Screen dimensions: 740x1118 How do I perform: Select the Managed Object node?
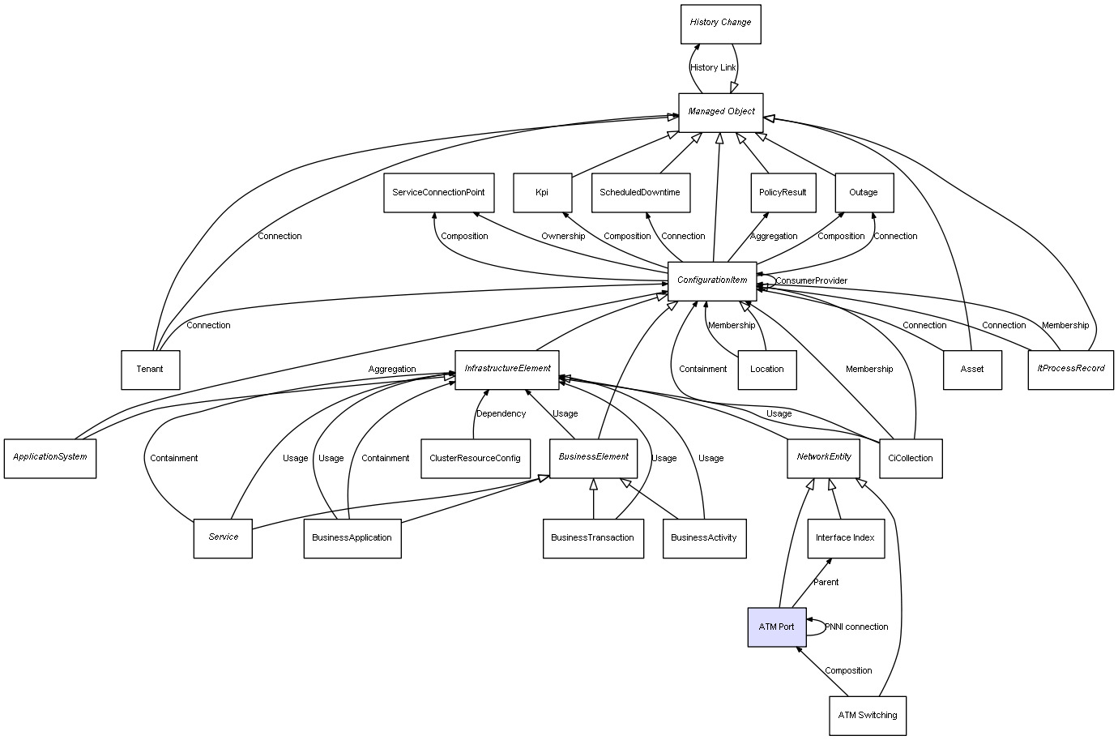(721, 112)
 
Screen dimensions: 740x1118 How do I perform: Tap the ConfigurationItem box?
(712, 280)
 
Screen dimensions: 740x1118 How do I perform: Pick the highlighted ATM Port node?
(776, 627)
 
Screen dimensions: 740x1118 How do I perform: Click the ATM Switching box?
(867, 716)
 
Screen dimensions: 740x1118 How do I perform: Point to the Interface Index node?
(845, 538)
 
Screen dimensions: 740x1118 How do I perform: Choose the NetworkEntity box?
(823, 457)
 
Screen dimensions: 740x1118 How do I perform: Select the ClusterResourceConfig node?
(475, 459)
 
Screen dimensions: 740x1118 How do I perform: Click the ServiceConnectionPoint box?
(438, 193)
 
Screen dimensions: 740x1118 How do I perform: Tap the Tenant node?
(150, 370)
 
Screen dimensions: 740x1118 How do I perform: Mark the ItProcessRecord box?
(1070, 369)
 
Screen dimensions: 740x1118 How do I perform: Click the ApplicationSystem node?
(50, 457)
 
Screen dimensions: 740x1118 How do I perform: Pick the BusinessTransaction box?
(592, 538)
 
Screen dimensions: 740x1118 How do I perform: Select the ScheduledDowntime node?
(640, 193)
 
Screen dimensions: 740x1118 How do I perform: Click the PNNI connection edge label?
(856, 627)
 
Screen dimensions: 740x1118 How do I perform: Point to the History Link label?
(713, 68)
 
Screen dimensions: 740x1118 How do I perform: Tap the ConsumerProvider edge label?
(811, 281)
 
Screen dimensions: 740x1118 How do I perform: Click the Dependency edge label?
(501, 414)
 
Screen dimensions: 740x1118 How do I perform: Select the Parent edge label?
(826, 583)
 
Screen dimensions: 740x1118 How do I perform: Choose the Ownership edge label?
(563, 237)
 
